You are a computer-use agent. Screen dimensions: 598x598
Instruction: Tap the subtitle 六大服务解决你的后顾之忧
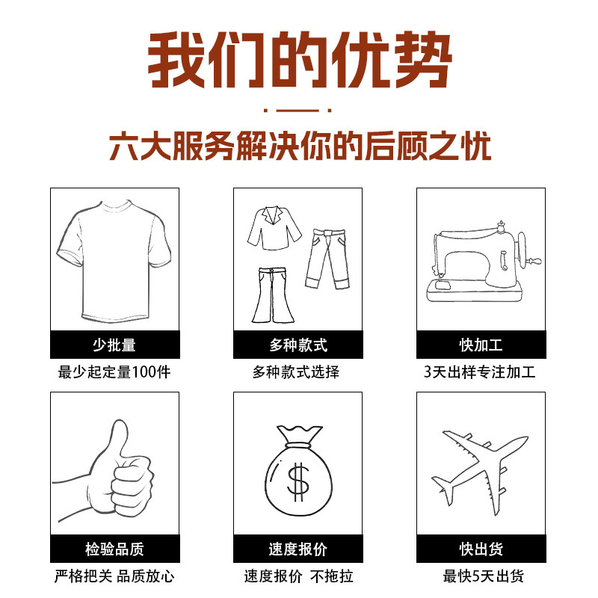point(299,147)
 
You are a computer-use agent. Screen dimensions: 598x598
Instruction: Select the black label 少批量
point(114,345)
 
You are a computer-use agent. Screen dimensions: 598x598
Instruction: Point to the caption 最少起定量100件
point(114,372)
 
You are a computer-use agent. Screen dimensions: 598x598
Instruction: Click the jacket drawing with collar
point(274,228)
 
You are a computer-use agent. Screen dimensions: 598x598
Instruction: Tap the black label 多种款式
point(298,345)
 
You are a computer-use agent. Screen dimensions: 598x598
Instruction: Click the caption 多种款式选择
point(298,372)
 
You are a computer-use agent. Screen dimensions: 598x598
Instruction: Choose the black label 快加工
point(481,345)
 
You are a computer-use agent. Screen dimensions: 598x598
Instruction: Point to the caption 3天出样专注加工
point(481,372)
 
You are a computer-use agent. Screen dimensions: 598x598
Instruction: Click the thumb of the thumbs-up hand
point(119,441)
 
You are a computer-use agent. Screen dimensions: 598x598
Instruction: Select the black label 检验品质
point(114,549)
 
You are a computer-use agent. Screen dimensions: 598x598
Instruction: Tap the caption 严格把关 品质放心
point(114,576)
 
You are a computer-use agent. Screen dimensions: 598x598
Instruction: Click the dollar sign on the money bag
point(298,482)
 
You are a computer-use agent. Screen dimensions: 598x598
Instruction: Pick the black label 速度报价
point(298,549)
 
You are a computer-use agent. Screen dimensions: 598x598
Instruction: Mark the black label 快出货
point(481,549)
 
